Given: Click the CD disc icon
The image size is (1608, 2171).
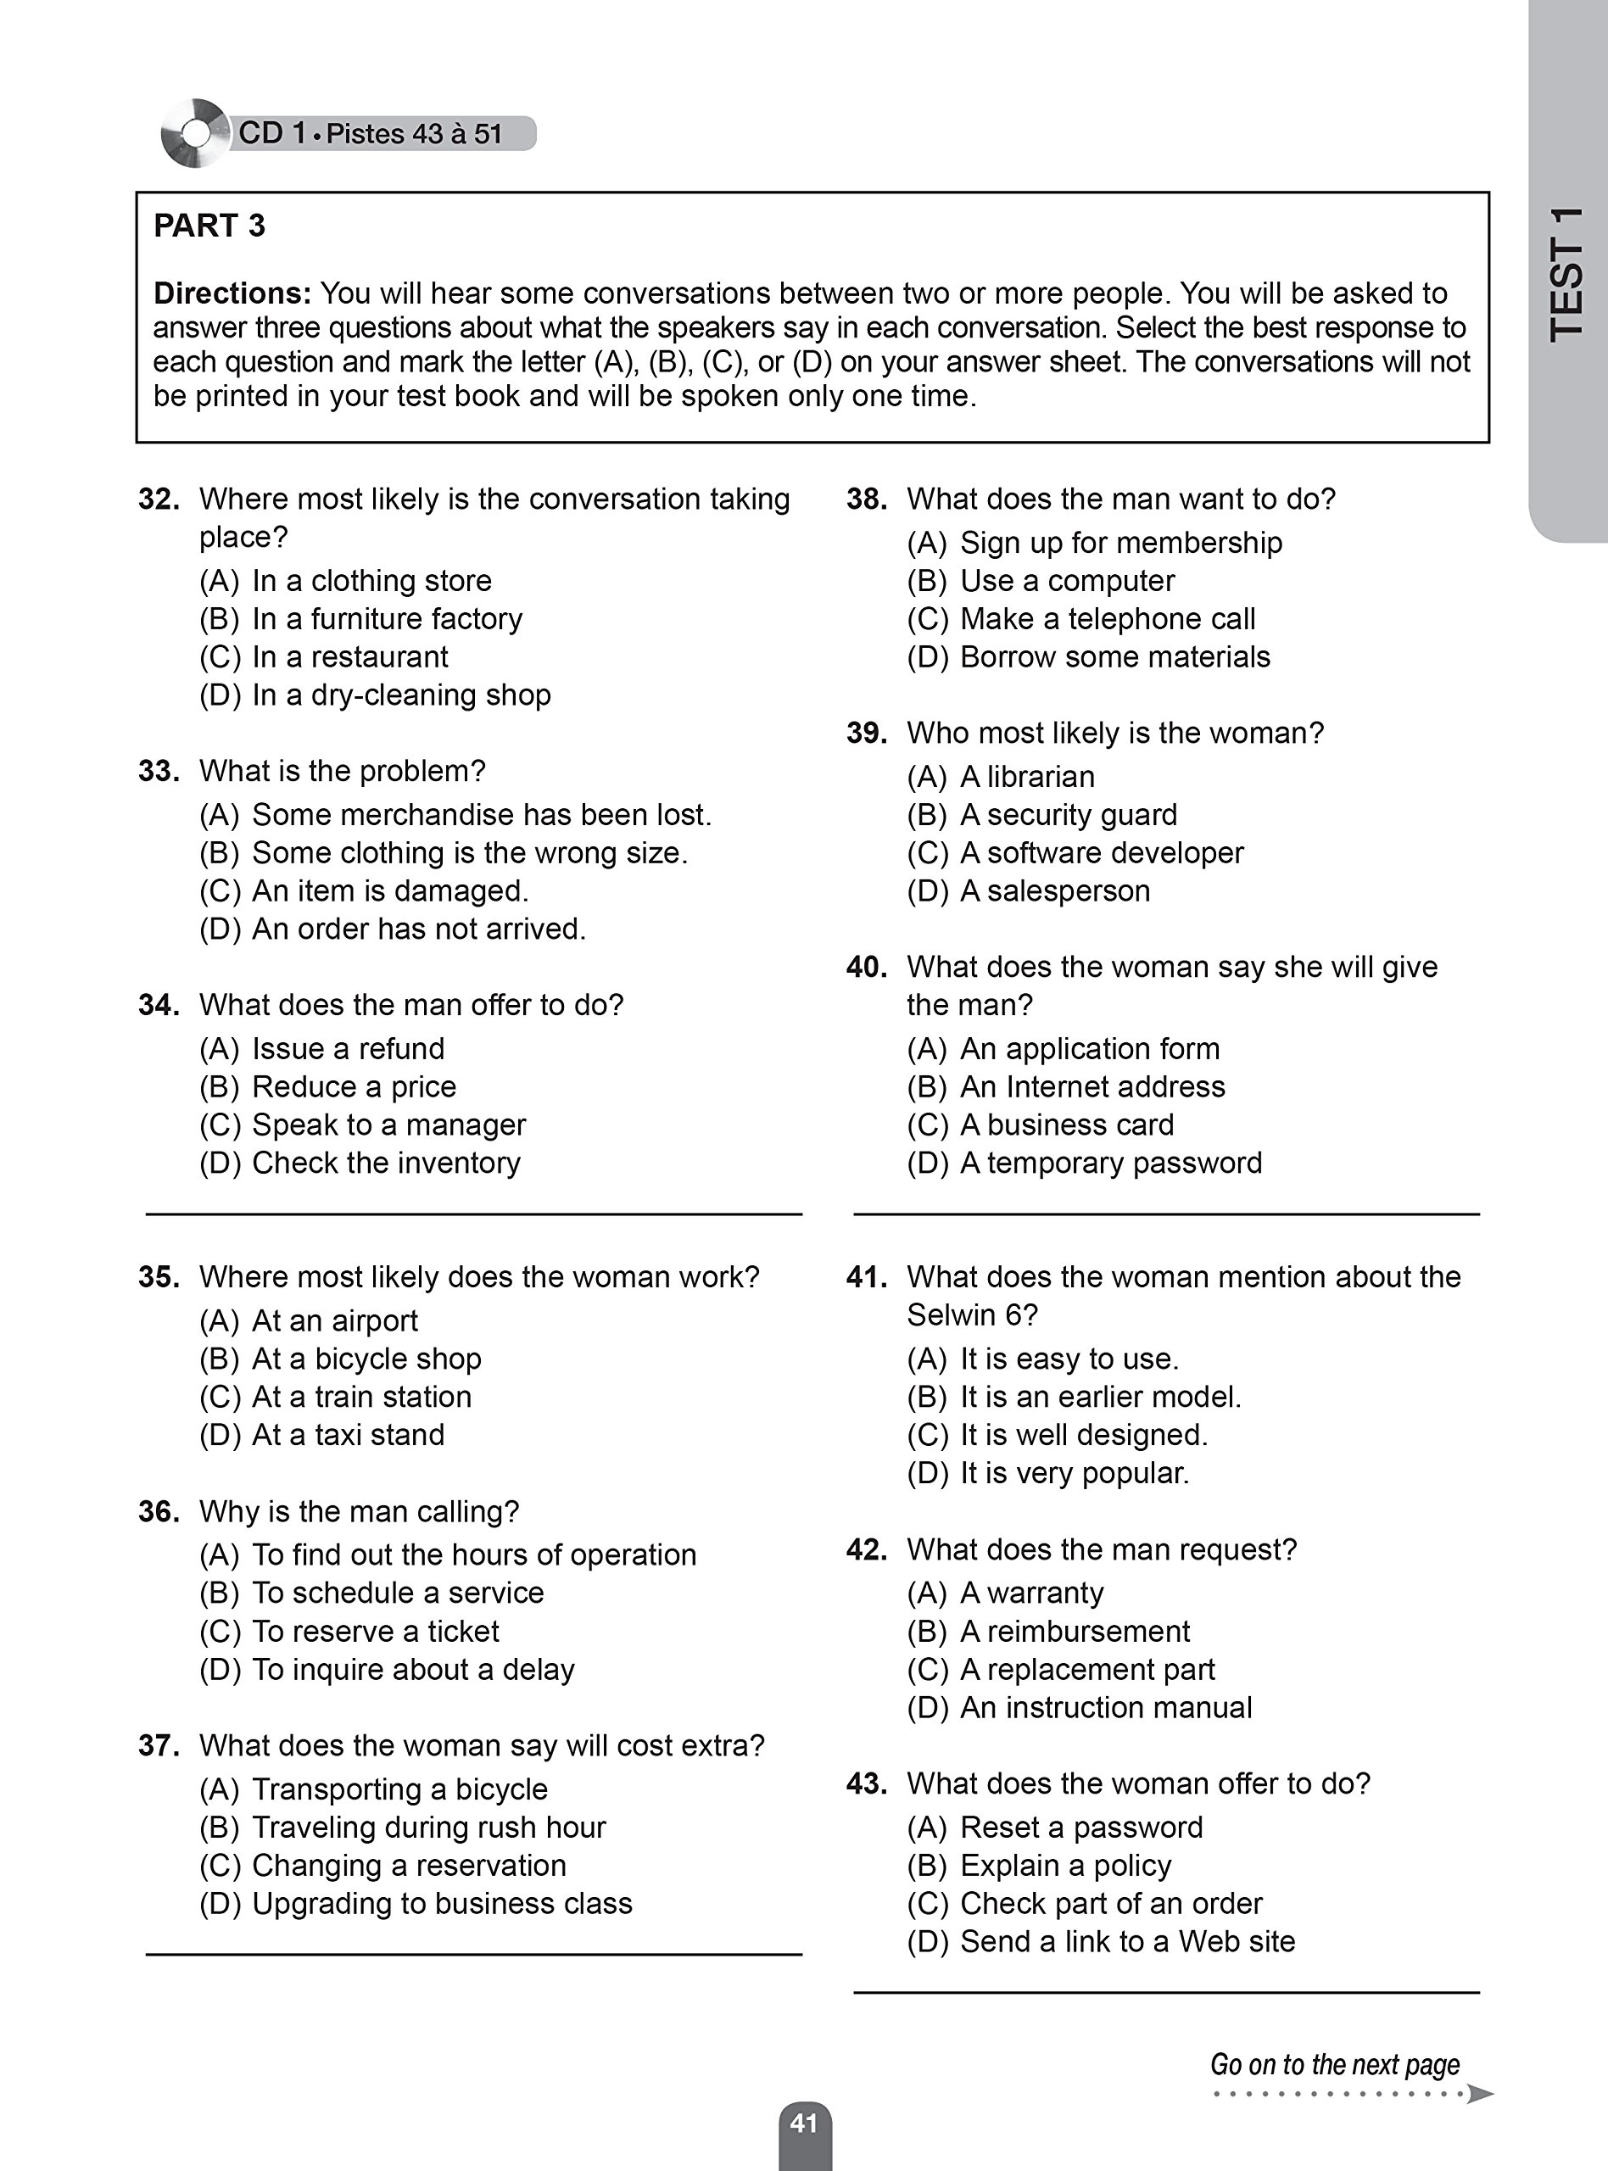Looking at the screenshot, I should coord(196,133).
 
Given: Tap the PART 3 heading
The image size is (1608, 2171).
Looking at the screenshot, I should coord(209,226).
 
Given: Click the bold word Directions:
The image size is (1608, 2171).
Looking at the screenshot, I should coord(232,293).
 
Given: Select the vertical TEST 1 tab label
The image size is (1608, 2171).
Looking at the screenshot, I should coord(1566,275).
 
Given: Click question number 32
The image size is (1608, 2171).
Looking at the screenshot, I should coord(159,499).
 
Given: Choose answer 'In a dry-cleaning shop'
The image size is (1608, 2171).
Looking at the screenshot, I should coord(401,695).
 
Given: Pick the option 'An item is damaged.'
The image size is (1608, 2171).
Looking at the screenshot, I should coord(389,890).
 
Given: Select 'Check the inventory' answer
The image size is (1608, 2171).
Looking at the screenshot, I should coord(385,1163).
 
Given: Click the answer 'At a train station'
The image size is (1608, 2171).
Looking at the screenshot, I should coord(361,1397).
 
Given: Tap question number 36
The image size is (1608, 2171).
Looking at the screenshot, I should coord(159,1511).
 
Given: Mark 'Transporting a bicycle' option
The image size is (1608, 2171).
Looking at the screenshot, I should coord(399,1789).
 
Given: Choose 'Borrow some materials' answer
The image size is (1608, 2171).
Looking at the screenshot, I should coord(1114,657).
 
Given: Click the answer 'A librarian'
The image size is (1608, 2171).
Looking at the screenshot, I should coord(1027,777).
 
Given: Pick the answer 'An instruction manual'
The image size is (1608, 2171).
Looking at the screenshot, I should coord(1106,1707).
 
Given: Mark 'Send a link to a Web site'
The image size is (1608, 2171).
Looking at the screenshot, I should coord(1127,1941).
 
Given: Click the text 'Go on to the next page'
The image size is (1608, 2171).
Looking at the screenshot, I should coord(1334,2064).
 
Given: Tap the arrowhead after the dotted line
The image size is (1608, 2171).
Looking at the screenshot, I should coord(1480,2093).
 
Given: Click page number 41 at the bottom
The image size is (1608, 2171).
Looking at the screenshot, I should coord(804,2123).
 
